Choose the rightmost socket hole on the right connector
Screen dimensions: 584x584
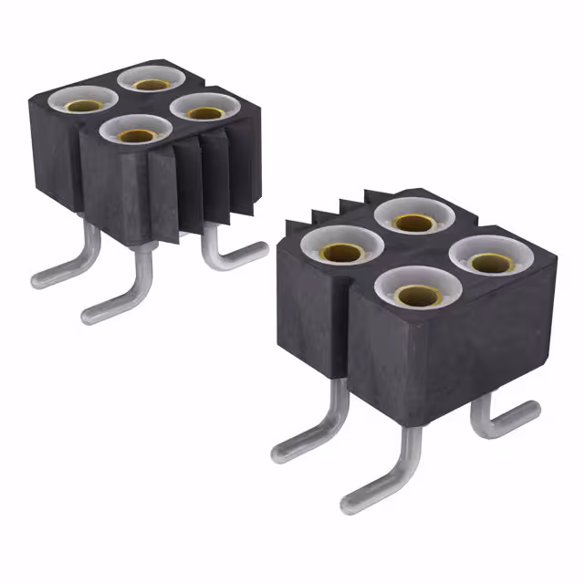488,261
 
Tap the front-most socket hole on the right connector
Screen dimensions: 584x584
415,295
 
